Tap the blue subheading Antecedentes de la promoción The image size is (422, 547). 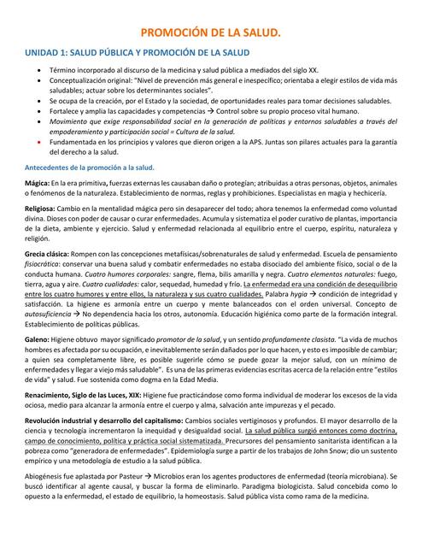(x=89, y=168)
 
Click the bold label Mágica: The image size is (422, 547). (x=37, y=184)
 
